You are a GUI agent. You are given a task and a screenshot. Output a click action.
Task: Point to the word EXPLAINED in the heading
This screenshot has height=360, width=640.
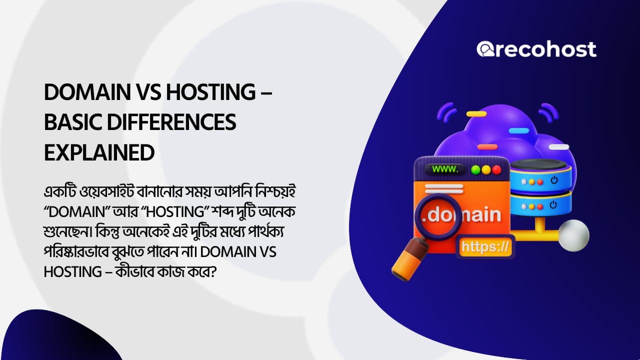pos(99,152)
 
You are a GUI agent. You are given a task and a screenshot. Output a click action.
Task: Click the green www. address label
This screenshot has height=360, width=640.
pos(445,169)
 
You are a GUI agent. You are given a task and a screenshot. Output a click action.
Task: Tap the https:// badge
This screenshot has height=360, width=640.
pos(485,246)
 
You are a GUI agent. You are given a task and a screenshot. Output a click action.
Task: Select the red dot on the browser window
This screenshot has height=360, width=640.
pos(497,169)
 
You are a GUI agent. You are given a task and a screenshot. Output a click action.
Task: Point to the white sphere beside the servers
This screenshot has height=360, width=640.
pos(574,235)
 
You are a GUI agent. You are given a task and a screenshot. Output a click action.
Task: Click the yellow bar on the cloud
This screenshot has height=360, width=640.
pos(476,114)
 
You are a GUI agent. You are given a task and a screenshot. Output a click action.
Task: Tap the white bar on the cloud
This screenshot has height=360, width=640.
pos(558,147)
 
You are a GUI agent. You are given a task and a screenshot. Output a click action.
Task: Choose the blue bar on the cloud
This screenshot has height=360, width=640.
pos(518,130)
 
